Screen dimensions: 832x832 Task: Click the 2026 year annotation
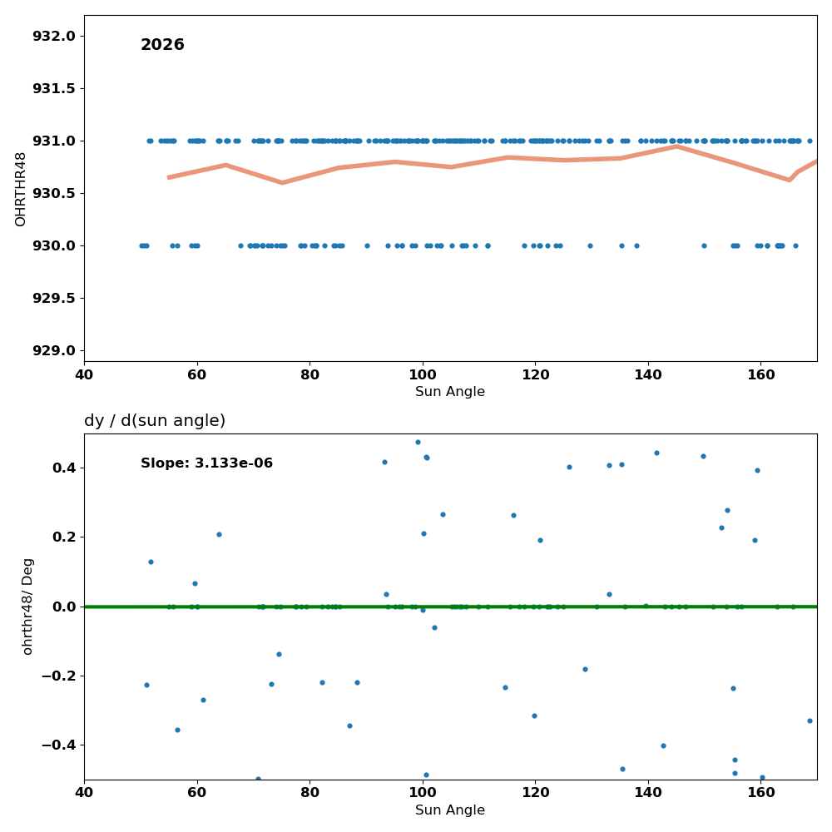(x=162, y=45)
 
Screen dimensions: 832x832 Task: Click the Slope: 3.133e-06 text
(x=206, y=463)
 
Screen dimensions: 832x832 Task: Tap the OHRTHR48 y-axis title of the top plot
(x=20, y=190)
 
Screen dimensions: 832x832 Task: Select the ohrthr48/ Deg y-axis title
(x=27, y=607)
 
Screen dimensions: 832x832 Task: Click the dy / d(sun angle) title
(x=155, y=421)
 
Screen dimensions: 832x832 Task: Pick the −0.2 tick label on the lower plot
(x=59, y=676)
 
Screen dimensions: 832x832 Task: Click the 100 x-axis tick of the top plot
(x=423, y=375)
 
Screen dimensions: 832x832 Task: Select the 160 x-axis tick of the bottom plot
(x=761, y=793)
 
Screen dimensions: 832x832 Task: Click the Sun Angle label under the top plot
(x=450, y=392)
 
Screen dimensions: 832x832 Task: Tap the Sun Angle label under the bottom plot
(x=450, y=810)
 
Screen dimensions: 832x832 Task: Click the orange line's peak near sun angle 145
(x=676, y=146)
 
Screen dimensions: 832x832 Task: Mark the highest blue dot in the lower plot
(x=418, y=442)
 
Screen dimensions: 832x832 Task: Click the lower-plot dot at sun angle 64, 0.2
(x=219, y=534)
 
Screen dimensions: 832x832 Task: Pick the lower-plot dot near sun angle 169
(x=810, y=721)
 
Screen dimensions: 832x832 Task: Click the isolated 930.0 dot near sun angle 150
(x=704, y=245)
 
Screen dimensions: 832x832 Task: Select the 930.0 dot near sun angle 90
(x=367, y=245)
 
